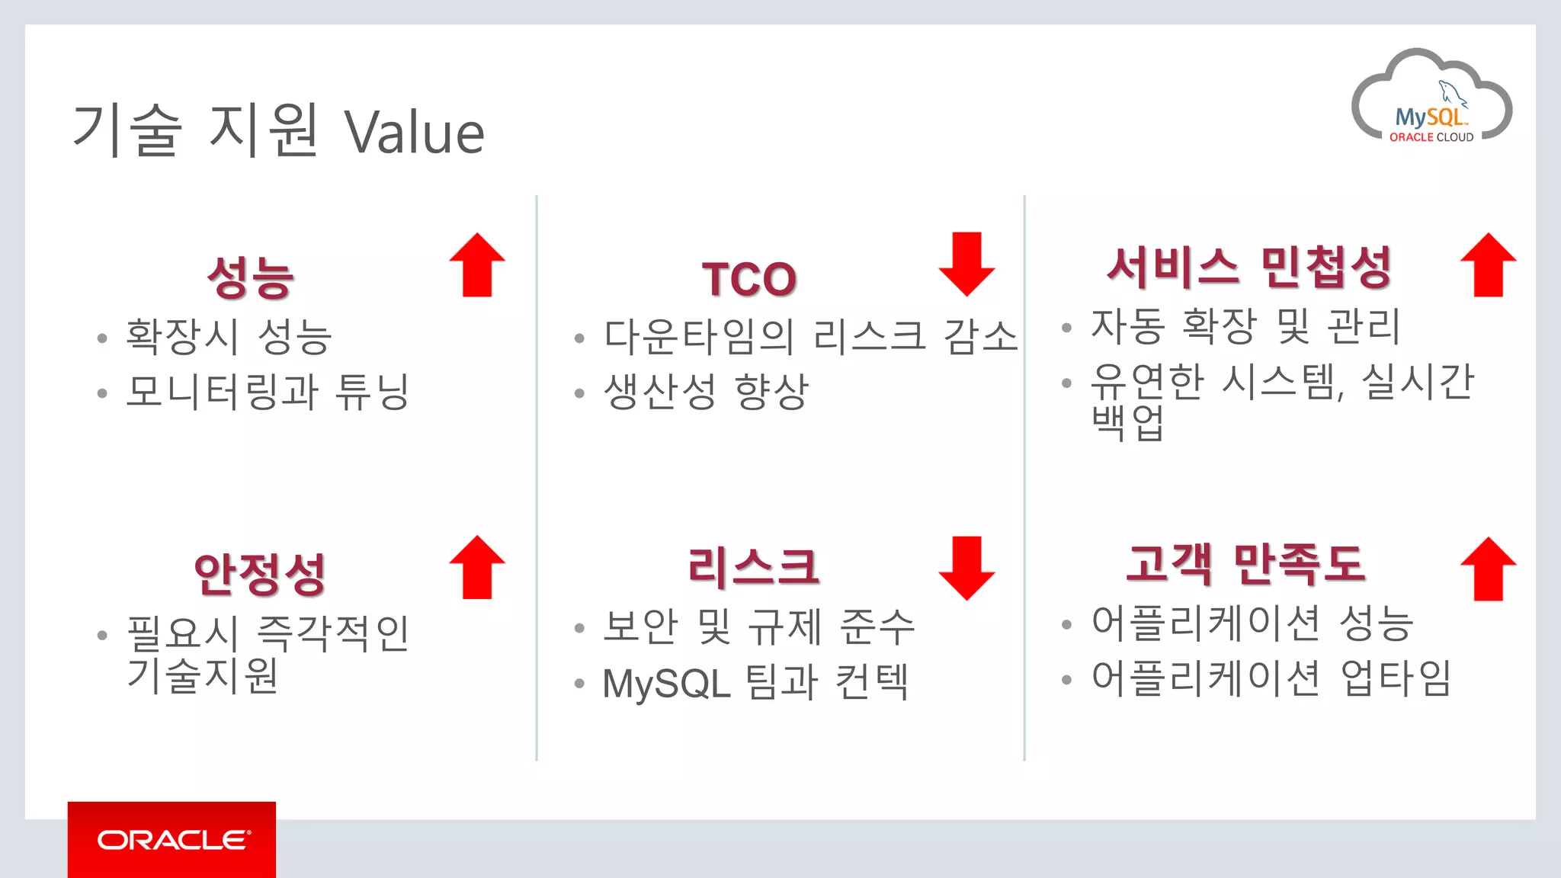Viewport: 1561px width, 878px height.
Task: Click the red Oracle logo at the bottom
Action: pos(171,839)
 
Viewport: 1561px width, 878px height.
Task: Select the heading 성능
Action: pos(250,277)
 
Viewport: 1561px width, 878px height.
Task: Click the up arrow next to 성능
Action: pos(477,264)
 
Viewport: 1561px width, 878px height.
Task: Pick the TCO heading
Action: pos(749,279)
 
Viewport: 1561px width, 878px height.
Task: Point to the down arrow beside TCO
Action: pos(966,264)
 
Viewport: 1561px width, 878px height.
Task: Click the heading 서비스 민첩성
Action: pos(1249,268)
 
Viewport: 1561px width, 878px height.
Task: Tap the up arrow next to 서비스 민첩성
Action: pos(1488,264)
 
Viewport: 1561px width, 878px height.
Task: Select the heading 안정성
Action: pos(260,573)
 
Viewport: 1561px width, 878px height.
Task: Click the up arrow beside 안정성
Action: pos(477,567)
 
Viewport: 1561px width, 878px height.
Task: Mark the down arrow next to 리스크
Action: pos(966,568)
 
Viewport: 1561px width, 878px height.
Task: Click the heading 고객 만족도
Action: pos(1245,565)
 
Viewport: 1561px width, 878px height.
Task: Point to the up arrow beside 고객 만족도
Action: pos(1488,569)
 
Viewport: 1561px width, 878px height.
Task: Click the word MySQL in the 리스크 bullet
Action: pos(666,683)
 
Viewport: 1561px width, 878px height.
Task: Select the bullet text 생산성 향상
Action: pos(705,392)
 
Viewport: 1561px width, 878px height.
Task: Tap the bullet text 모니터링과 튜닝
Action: pos(268,392)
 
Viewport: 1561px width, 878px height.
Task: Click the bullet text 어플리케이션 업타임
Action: pos(1271,678)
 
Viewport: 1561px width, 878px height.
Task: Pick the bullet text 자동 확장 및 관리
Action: pos(1245,326)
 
